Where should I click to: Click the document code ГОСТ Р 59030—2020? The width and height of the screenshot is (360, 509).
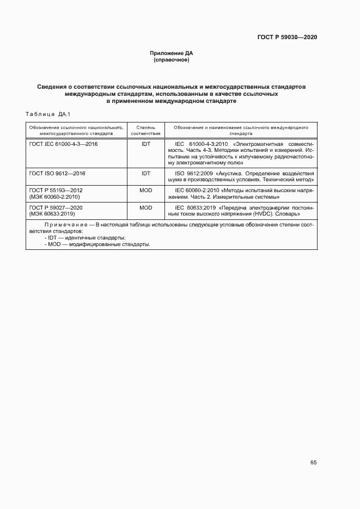click(x=287, y=38)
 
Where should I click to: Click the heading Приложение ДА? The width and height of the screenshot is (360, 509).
click(x=172, y=53)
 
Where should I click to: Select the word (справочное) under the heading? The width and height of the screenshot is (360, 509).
click(x=172, y=60)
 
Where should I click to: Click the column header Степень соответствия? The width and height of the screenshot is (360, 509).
click(x=146, y=130)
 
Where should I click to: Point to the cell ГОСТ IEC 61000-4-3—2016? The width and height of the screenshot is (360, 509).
click(x=63, y=144)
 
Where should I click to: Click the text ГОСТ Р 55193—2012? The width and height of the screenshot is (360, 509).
click(x=56, y=190)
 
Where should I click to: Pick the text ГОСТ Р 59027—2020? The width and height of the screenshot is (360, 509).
click(x=56, y=207)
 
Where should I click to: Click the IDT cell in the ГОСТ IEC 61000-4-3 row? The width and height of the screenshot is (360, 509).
click(x=146, y=144)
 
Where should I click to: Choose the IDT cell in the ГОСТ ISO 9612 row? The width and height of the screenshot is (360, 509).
click(x=146, y=174)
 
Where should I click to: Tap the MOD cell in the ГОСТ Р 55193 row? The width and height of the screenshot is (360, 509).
click(x=146, y=190)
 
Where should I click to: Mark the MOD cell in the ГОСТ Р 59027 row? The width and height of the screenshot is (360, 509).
click(x=146, y=207)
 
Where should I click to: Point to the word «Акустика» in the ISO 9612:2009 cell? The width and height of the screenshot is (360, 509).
click(x=230, y=174)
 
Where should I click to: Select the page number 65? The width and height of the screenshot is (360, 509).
click(x=313, y=463)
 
